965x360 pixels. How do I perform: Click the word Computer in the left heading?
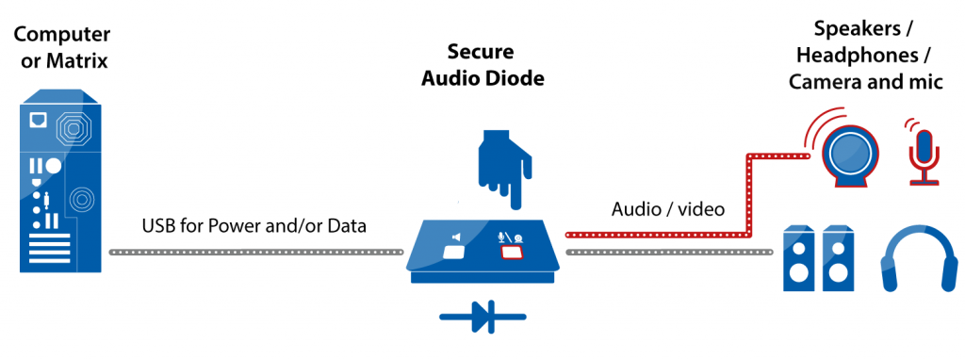[61, 35]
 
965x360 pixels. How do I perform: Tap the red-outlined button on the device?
[512, 252]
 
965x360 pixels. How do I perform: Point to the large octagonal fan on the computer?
[73, 126]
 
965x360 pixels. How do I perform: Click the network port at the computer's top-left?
[38, 121]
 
